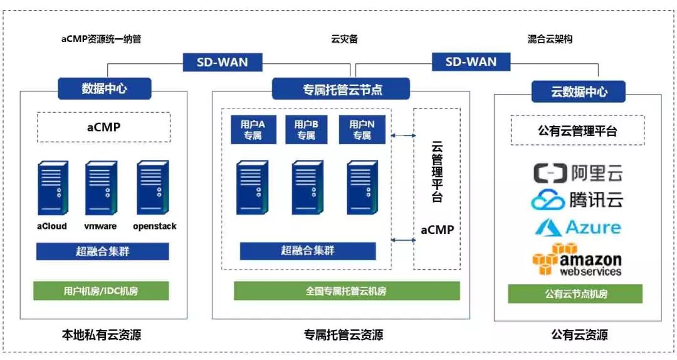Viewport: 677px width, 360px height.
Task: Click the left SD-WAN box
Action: (223, 62)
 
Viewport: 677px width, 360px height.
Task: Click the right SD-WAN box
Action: (471, 61)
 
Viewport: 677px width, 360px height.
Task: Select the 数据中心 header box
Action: (104, 88)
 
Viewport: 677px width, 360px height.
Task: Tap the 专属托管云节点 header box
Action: (340, 88)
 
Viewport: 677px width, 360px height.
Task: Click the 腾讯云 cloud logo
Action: (577, 200)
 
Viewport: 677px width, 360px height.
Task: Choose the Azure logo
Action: (577, 227)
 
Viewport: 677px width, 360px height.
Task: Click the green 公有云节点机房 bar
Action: (575, 294)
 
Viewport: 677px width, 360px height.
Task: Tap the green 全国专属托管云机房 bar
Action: (347, 291)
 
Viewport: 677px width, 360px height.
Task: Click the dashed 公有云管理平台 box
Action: (577, 131)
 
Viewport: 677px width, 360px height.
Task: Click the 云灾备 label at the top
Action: (344, 39)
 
